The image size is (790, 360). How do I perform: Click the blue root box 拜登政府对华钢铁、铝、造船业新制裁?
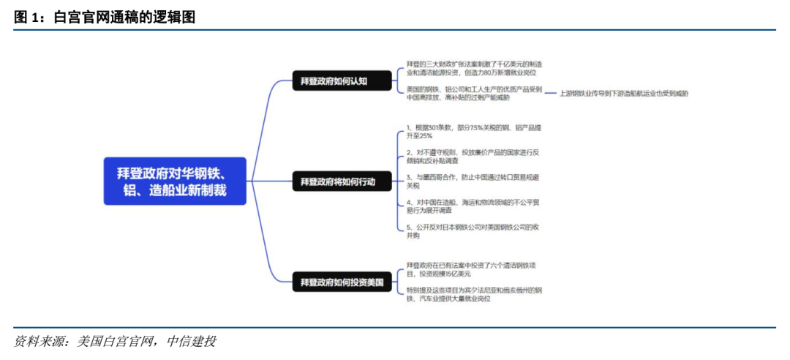(x=175, y=181)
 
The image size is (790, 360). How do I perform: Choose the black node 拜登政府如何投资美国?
(x=339, y=281)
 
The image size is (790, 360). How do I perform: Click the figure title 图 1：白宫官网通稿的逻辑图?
(x=105, y=16)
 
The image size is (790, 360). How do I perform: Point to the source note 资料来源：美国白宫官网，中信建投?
(x=116, y=342)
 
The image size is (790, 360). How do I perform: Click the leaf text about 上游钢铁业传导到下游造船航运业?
(x=623, y=94)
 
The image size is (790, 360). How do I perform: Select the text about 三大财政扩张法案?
(x=474, y=69)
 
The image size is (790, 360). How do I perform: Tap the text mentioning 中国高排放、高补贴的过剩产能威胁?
(x=474, y=94)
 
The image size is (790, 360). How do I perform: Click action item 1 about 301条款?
(x=474, y=132)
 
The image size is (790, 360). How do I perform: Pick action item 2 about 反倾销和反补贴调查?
(x=474, y=157)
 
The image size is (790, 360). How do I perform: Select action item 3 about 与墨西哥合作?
(x=474, y=181)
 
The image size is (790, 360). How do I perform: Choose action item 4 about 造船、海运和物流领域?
(x=474, y=206)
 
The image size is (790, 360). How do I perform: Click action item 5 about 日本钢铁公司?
(x=474, y=231)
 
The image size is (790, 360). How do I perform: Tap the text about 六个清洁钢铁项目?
(x=474, y=269)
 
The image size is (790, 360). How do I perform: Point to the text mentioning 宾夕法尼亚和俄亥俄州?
(x=474, y=294)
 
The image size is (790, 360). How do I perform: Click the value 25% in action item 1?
(x=425, y=136)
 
